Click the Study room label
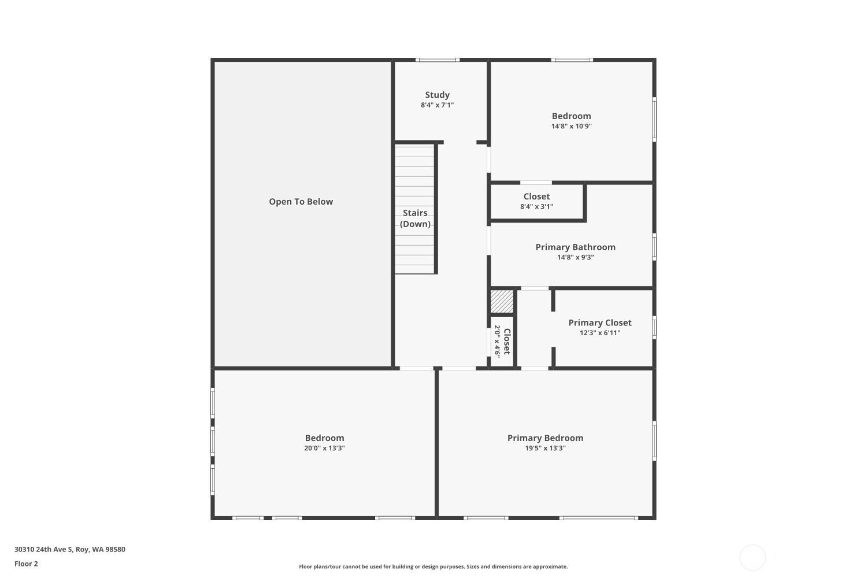(x=438, y=95)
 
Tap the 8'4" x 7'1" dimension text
(x=438, y=105)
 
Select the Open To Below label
(x=301, y=202)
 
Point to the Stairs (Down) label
(x=415, y=218)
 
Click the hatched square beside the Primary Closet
(x=502, y=302)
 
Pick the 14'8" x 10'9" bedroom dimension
(x=571, y=126)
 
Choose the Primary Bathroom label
(x=576, y=247)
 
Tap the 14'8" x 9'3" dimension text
(x=576, y=257)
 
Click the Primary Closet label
(x=600, y=323)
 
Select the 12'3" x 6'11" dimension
(x=600, y=333)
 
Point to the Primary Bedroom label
(x=546, y=438)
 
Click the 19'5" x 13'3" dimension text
(x=546, y=449)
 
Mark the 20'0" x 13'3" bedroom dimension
(x=324, y=449)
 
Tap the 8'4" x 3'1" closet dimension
(x=536, y=207)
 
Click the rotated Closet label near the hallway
(x=507, y=342)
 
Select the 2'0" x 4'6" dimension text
(x=497, y=342)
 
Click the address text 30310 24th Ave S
(x=43, y=549)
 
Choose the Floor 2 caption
(x=27, y=564)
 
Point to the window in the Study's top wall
(x=438, y=60)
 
